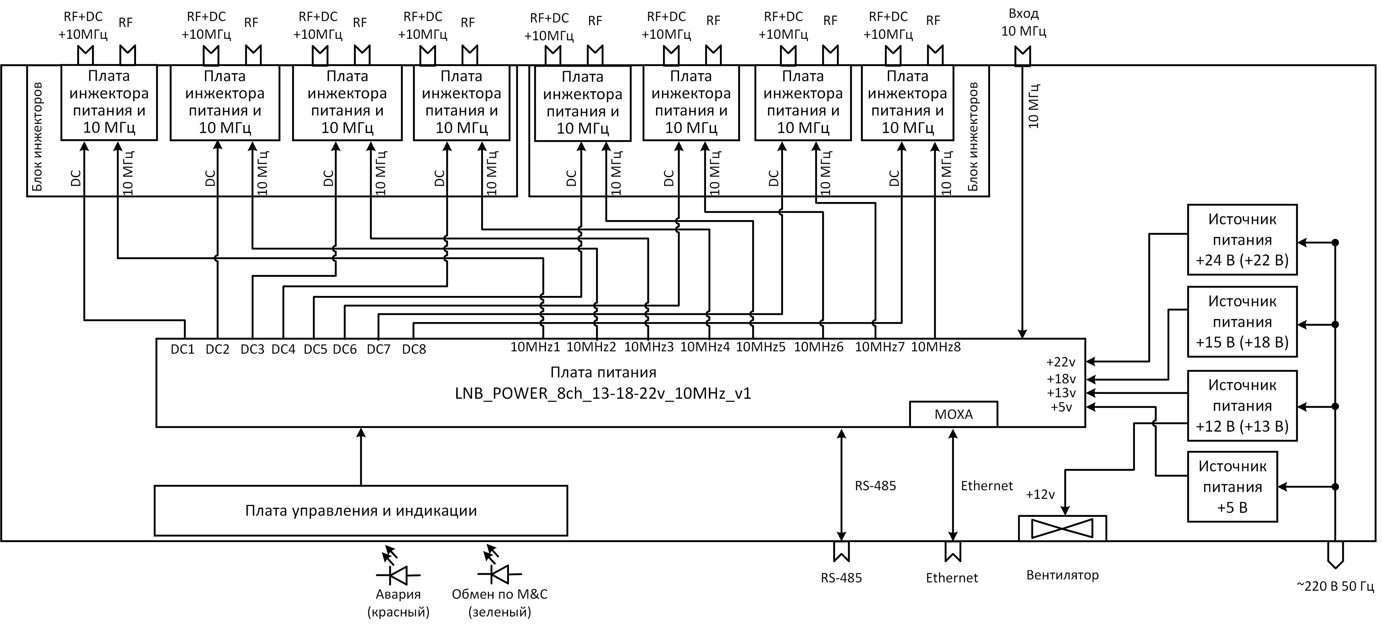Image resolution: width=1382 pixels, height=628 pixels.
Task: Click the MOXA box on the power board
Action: point(953,414)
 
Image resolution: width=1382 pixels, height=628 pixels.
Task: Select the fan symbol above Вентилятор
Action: point(1062,528)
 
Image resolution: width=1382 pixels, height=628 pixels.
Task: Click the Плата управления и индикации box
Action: point(361,511)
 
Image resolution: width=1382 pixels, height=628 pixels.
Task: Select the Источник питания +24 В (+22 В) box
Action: point(1242,240)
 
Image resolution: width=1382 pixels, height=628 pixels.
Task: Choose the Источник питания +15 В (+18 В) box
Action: point(1242,322)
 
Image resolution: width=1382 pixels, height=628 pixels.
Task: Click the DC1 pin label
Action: point(182,350)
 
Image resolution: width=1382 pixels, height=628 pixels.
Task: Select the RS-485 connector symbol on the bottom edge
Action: point(841,551)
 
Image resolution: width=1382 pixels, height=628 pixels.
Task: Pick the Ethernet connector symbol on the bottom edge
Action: point(953,551)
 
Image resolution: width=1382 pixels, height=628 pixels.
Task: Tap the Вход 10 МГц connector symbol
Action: point(1023,56)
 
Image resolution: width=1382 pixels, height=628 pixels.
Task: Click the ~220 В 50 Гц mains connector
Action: point(1335,554)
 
